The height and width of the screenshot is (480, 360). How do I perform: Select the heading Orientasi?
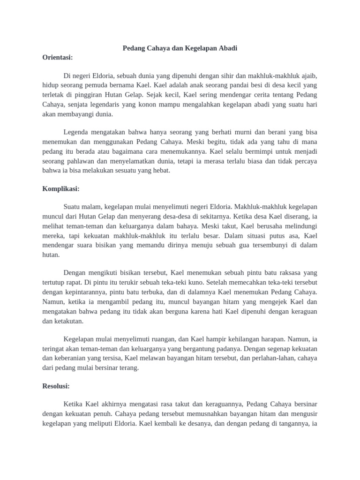pos(58,57)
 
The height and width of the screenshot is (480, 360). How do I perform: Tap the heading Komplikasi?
pos(61,188)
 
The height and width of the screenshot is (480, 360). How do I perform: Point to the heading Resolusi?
pos(56,386)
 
